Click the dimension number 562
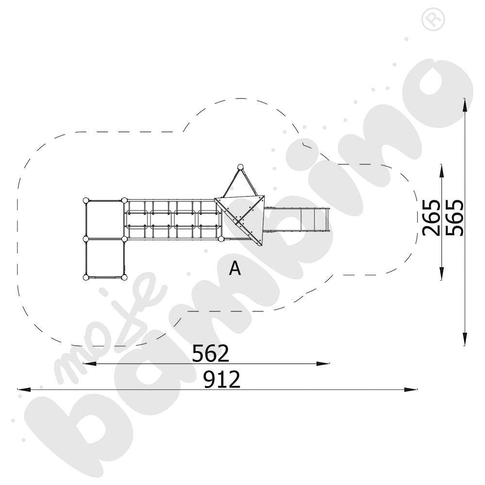tap(210, 353)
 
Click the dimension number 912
tap(222, 379)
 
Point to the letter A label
tap(235, 268)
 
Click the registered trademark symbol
tap(433, 19)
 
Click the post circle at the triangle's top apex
tap(240, 167)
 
